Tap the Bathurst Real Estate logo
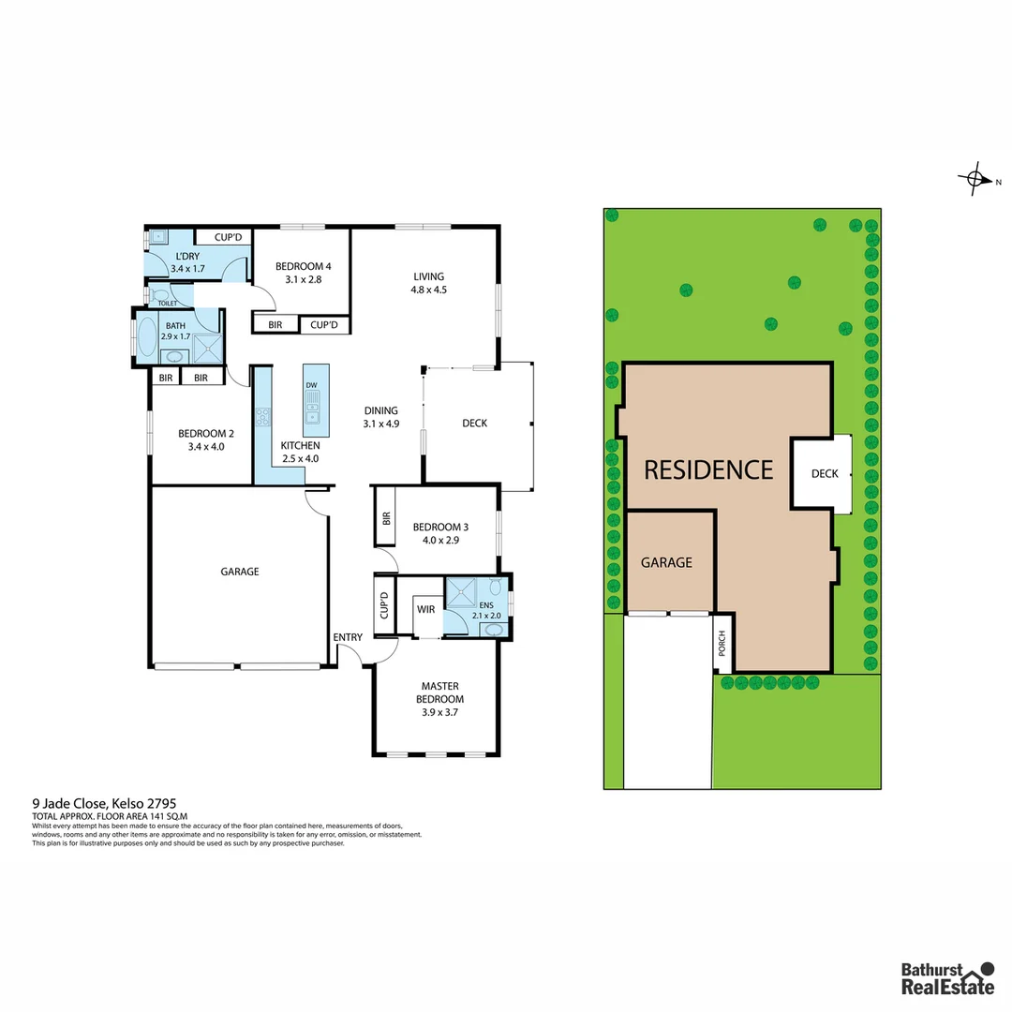(946, 977)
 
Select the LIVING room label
(428, 276)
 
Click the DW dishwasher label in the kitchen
(311, 385)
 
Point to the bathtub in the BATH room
(147, 336)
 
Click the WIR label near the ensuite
(426, 610)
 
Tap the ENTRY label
(348, 638)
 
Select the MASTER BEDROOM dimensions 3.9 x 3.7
(440, 712)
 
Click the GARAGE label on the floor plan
(240, 572)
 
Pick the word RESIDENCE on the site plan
(708, 469)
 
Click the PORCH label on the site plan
(722, 642)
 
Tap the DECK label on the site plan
(825, 473)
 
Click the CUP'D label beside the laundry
(229, 238)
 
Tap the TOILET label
(167, 304)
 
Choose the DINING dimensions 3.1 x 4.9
(381, 424)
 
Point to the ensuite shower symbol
(460, 593)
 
